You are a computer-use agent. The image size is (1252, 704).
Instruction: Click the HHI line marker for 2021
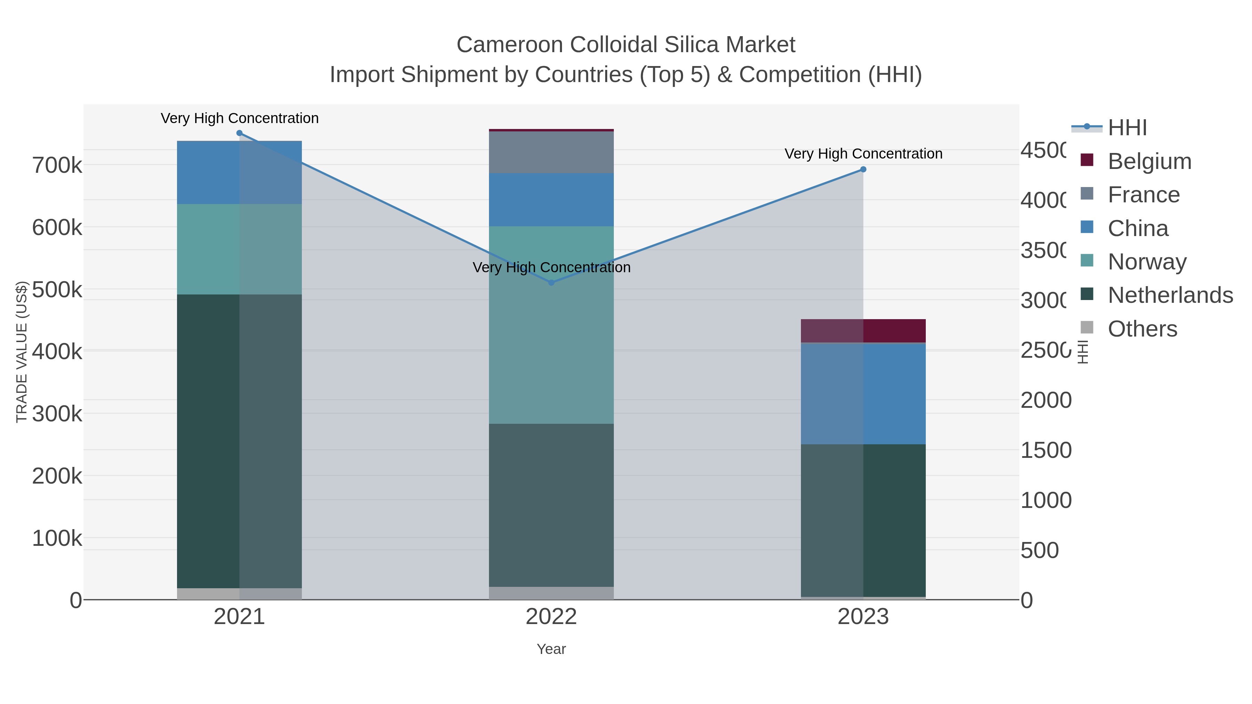pyautogui.click(x=239, y=133)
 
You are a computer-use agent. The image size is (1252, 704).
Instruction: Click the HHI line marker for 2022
pyautogui.click(x=551, y=283)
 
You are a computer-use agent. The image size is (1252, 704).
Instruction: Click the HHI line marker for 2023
pyautogui.click(x=863, y=170)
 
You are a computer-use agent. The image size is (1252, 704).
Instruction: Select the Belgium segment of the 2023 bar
pyautogui.click(x=863, y=331)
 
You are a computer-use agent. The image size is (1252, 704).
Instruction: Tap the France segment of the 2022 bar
pyautogui.click(x=551, y=152)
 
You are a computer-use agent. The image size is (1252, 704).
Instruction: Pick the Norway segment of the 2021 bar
pyautogui.click(x=239, y=249)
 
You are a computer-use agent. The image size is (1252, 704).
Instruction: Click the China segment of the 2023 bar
pyautogui.click(x=863, y=394)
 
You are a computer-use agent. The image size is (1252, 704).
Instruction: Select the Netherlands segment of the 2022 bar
pyautogui.click(x=551, y=505)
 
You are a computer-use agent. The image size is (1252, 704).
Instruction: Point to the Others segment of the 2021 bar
pyautogui.click(x=239, y=594)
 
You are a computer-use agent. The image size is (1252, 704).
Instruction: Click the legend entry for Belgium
pyautogui.click(x=1149, y=161)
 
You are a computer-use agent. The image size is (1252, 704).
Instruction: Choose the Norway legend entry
pyautogui.click(x=1147, y=262)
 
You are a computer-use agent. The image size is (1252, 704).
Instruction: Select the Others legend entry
pyautogui.click(x=1142, y=329)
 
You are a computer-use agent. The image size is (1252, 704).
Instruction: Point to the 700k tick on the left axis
pyautogui.click(x=57, y=165)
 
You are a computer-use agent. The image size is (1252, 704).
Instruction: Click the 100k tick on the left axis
pyautogui.click(x=57, y=538)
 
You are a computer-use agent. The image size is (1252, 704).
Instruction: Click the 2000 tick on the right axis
pyautogui.click(x=1045, y=400)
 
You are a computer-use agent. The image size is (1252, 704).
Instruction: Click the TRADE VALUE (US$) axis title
pyautogui.click(x=22, y=352)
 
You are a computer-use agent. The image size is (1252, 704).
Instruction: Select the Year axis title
pyautogui.click(x=551, y=649)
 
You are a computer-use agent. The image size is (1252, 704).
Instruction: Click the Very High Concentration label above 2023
pyautogui.click(x=863, y=154)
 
